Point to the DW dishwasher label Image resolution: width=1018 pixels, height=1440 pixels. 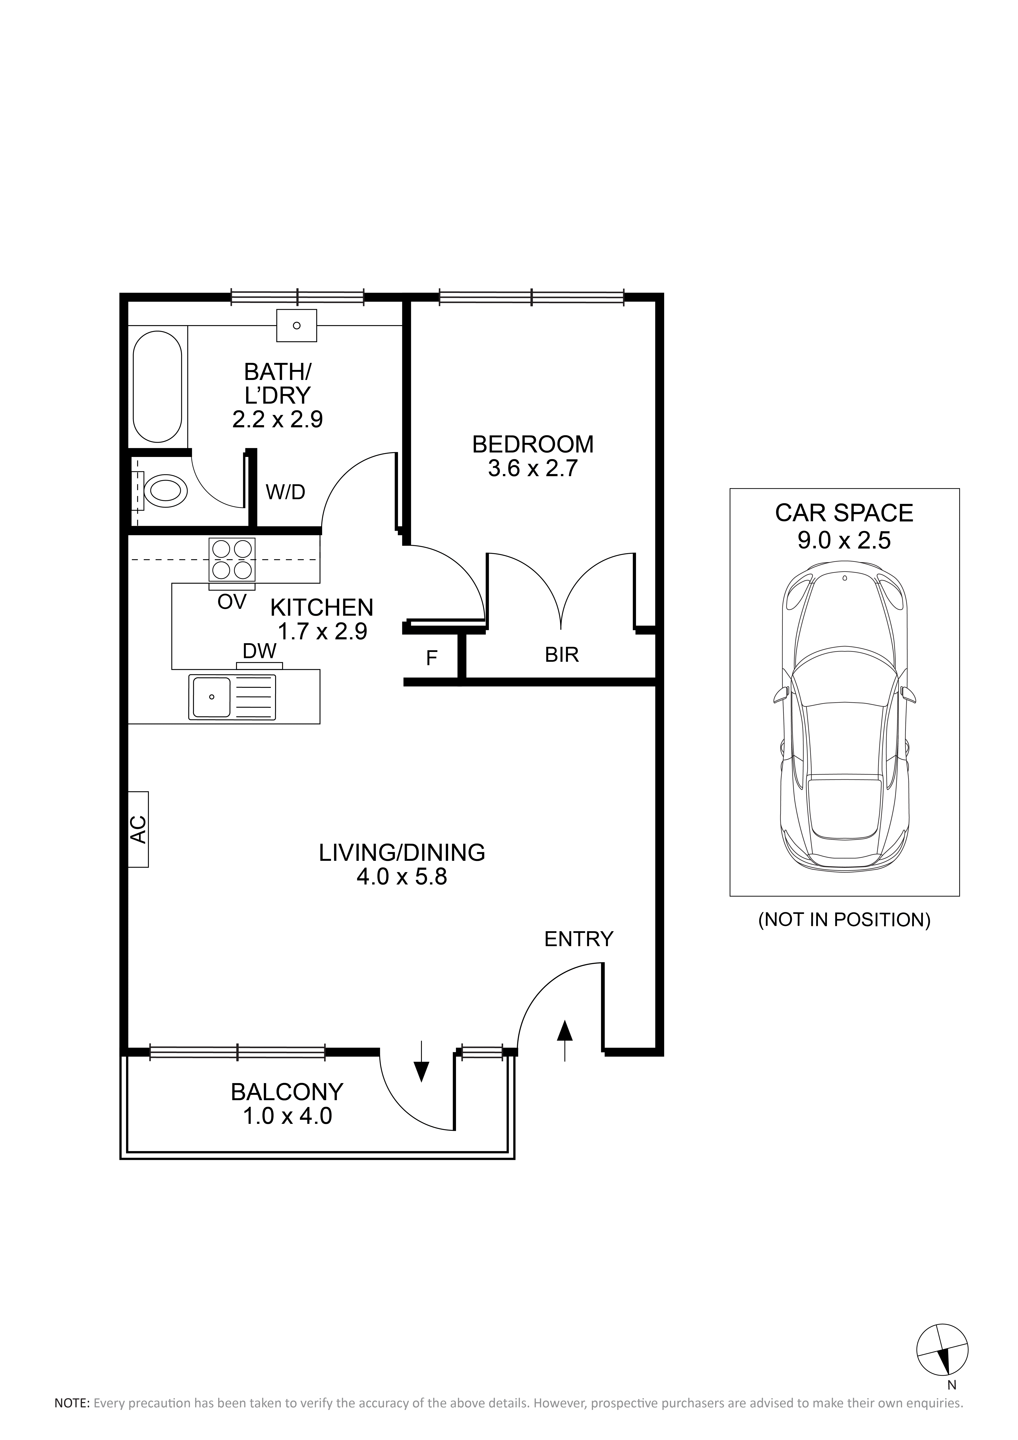260,651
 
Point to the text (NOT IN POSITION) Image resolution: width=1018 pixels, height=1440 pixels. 844,920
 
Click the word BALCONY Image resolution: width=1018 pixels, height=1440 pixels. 287,1092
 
